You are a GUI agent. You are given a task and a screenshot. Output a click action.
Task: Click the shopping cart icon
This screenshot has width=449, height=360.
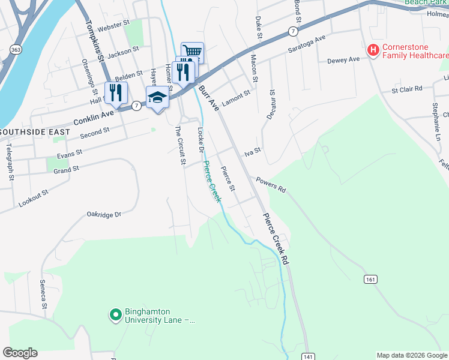[193, 52]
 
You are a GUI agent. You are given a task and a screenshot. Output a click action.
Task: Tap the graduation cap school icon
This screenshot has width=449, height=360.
[157, 97]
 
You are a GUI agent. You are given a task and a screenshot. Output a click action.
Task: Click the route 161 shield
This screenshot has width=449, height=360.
[370, 278]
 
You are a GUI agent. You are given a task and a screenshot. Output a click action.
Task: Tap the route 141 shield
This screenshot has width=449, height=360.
[308, 356]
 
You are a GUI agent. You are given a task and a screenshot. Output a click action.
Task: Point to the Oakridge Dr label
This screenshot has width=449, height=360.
[104, 214]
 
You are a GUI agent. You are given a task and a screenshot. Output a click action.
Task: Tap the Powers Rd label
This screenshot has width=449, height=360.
[271, 184]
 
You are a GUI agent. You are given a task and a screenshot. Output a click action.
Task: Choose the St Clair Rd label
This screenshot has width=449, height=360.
[406, 89]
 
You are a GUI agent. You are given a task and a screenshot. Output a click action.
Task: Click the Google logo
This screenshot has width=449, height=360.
[20, 353]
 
